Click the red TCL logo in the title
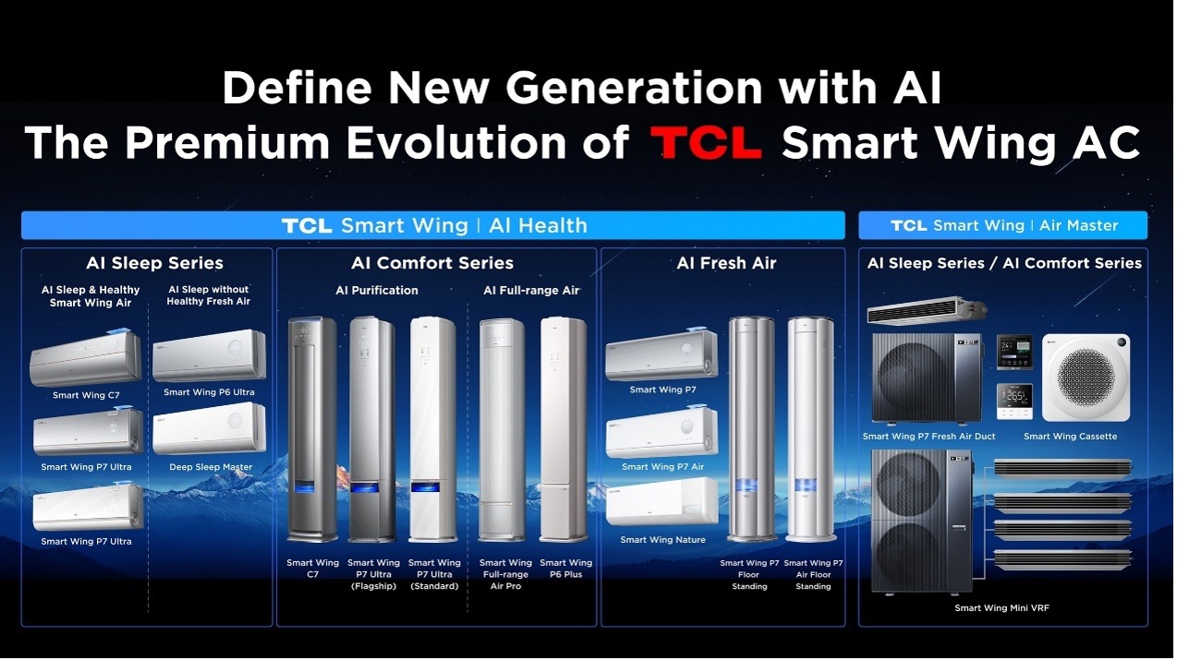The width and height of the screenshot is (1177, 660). pos(706,142)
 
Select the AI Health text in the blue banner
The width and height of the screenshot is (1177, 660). pos(538,226)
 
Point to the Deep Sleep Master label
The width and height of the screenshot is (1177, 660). pos(211,467)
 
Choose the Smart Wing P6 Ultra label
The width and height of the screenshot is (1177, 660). pos(209,392)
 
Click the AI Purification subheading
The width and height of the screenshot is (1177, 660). pos(377,291)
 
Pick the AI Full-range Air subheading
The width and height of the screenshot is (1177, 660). pos(531,291)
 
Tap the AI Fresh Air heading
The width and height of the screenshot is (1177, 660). pos(726,263)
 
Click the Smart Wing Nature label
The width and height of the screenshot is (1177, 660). pos(662,540)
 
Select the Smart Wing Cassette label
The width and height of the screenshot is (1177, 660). pos(1071,437)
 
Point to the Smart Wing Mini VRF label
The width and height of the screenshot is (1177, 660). pos(1001,608)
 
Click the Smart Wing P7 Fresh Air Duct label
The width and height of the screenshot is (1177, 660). pos(929,437)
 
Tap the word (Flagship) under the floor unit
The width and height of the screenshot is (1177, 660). pos(373,586)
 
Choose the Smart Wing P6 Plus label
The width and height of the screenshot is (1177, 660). pos(566,569)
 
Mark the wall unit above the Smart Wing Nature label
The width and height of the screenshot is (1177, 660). pos(662,501)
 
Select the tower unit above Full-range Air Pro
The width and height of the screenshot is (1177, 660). pos(502,429)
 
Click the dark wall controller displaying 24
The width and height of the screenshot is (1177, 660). pos(1014,352)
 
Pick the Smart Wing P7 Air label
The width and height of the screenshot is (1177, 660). pos(662,467)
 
